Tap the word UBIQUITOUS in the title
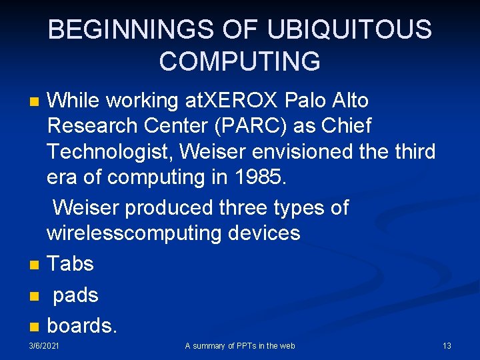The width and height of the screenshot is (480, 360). click(x=349, y=30)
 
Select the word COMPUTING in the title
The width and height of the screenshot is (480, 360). click(x=239, y=61)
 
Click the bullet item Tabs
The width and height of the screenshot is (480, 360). click(x=70, y=264)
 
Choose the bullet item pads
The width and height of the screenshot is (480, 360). click(x=75, y=295)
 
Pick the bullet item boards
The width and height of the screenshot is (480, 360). click(x=82, y=326)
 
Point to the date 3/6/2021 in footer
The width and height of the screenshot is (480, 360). click(x=43, y=345)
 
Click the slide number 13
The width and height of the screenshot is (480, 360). click(x=447, y=345)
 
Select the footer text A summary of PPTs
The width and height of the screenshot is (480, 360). click(x=239, y=345)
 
